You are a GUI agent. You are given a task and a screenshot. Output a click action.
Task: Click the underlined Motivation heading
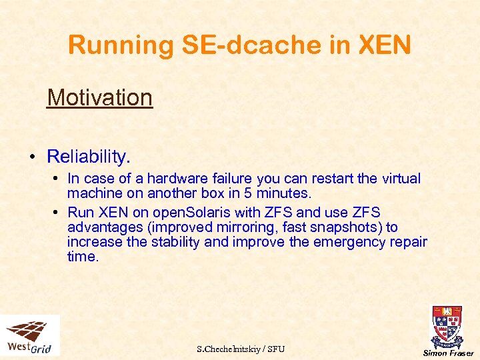pos(100,97)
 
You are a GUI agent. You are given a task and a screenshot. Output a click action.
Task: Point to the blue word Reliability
pos(89,157)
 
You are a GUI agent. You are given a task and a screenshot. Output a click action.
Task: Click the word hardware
pos(177,179)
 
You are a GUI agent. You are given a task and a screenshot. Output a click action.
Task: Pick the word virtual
pos(401,179)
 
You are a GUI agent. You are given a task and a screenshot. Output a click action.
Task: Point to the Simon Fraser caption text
pos(448,353)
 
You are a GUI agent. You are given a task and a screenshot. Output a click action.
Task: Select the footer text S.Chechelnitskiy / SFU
pos(241,349)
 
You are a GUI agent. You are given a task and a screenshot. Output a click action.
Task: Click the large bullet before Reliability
pos(32,157)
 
